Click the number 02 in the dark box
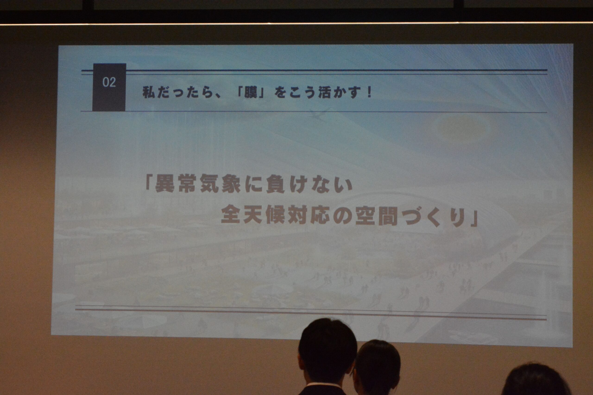point(109,82)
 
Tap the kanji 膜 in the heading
point(251,92)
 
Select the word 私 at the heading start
point(149,92)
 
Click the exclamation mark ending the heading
point(370,92)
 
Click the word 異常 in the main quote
point(176,184)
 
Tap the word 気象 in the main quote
point(221,184)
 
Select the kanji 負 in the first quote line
point(275,184)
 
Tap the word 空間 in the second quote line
point(376,215)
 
